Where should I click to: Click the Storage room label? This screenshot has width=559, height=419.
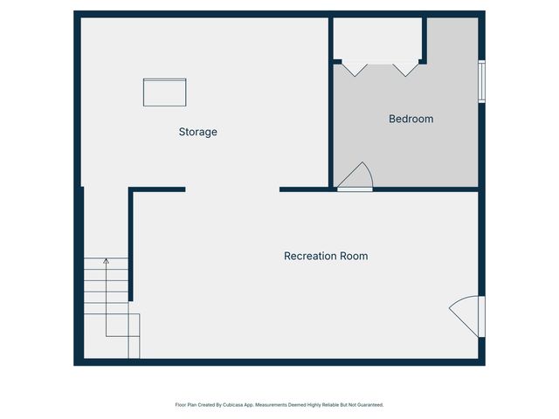pyautogui.click(x=197, y=132)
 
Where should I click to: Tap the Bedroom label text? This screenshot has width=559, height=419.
pyautogui.click(x=411, y=119)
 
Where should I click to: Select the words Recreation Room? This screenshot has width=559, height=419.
pyautogui.click(x=326, y=256)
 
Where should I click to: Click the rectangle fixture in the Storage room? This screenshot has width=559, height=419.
pyautogui.click(x=165, y=92)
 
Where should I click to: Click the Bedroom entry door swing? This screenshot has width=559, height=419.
pyautogui.click(x=357, y=177)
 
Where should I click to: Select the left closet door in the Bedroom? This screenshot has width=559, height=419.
pyautogui.click(x=354, y=67)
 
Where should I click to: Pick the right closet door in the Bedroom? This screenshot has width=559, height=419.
pyautogui.click(x=405, y=67)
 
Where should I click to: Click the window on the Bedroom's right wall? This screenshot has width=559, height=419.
pyautogui.click(x=480, y=81)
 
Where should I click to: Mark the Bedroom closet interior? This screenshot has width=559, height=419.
pyautogui.click(x=378, y=39)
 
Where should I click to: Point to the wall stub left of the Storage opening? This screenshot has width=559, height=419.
pyautogui.click(x=158, y=189)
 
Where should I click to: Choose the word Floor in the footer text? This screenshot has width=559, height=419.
pyautogui.click(x=180, y=405)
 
